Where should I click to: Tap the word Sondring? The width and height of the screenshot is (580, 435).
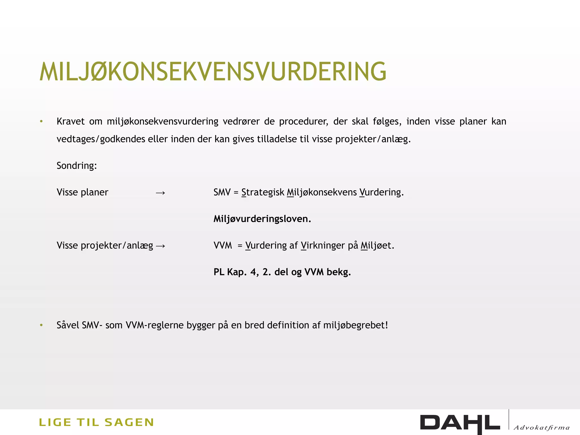tap(77, 166)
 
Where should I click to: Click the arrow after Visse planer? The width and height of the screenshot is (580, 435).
tap(160, 193)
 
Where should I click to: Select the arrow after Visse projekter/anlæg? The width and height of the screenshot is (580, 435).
tap(160, 246)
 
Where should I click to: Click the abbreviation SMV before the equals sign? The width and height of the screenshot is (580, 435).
tap(222, 192)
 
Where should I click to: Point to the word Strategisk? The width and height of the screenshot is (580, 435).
tap(263, 192)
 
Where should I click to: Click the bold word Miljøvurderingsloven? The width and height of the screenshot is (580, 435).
tap(262, 219)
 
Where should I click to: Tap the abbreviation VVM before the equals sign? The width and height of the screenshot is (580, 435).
tap(223, 246)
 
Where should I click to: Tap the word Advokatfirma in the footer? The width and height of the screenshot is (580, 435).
tap(541, 427)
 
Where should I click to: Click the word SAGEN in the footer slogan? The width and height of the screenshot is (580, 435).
tap(129, 422)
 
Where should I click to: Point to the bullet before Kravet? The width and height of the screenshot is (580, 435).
tap(41, 121)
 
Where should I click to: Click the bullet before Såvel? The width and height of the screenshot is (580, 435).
tap(41, 325)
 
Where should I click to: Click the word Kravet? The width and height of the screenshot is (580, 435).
tap(71, 121)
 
